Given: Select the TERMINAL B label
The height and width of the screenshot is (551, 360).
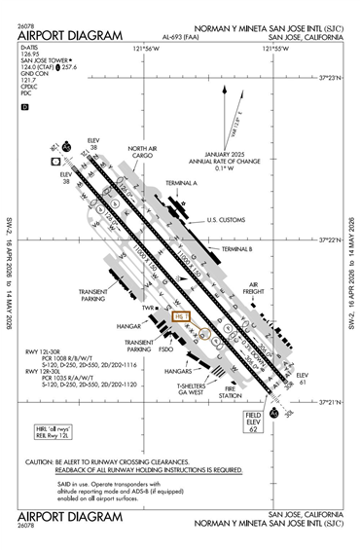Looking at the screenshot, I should point(237,249).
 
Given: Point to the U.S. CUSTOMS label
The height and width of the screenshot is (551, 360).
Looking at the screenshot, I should point(227,221).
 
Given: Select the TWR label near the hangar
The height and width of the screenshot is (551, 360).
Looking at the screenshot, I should point(149,310).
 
